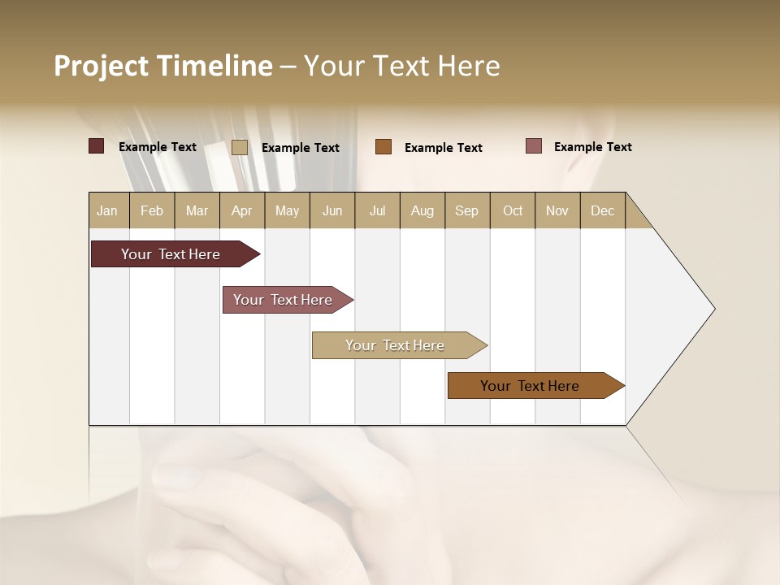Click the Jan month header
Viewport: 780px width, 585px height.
click(107, 210)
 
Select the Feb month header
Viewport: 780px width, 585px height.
click(152, 210)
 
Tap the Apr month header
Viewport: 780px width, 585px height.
click(241, 210)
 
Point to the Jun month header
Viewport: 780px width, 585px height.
click(332, 210)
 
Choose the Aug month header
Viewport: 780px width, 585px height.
click(422, 210)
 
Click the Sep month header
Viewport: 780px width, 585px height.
click(466, 210)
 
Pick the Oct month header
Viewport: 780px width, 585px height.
click(513, 210)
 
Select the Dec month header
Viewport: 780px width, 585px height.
click(602, 210)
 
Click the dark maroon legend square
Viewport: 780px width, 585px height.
click(97, 146)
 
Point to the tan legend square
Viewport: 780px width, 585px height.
click(240, 147)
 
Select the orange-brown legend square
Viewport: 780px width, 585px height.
click(383, 147)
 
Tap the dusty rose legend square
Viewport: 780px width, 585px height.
click(534, 146)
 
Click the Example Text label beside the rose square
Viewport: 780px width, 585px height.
click(592, 146)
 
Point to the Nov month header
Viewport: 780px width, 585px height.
click(557, 210)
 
